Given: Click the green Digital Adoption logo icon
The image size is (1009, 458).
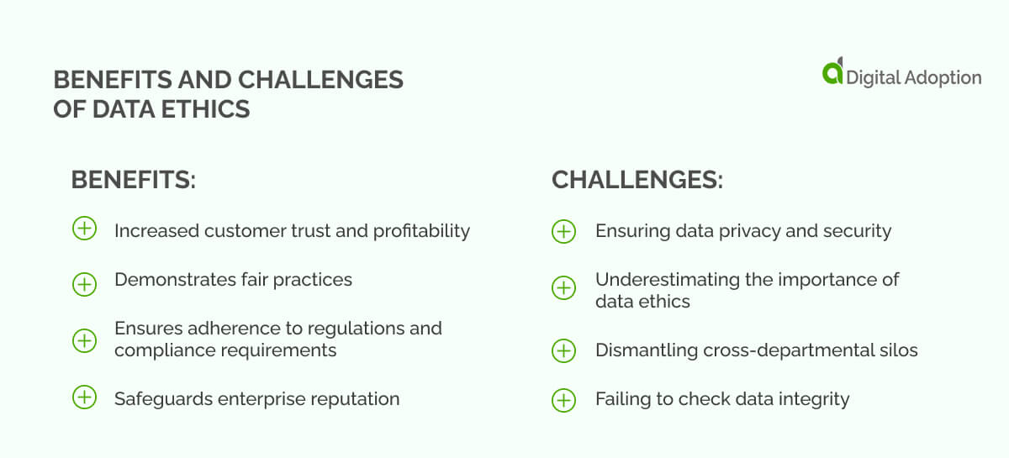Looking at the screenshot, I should (x=832, y=71).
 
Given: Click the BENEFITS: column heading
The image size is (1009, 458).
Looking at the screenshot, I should (x=133, y=181).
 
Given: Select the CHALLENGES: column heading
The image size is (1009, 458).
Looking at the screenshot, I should (x=637, y=181).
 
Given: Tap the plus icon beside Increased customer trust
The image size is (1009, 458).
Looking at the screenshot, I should (x=84, y=229).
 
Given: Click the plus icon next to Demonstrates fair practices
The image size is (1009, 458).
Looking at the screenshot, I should (x=84, y=284).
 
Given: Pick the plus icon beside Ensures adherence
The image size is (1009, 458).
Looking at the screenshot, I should (x=84, y=340).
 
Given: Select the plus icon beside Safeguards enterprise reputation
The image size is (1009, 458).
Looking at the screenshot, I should (x=84, y=397).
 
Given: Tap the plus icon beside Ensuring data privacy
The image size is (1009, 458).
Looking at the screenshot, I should (x=563, y=231).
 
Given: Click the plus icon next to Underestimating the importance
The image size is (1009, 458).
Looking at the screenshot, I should (x=563, y=289).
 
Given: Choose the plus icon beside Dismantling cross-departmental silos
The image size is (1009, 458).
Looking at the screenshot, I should (x=563, y=350).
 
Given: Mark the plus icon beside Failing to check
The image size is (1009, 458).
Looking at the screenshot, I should (x=563, y=400).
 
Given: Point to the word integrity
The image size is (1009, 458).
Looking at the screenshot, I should (x=812, y=399).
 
